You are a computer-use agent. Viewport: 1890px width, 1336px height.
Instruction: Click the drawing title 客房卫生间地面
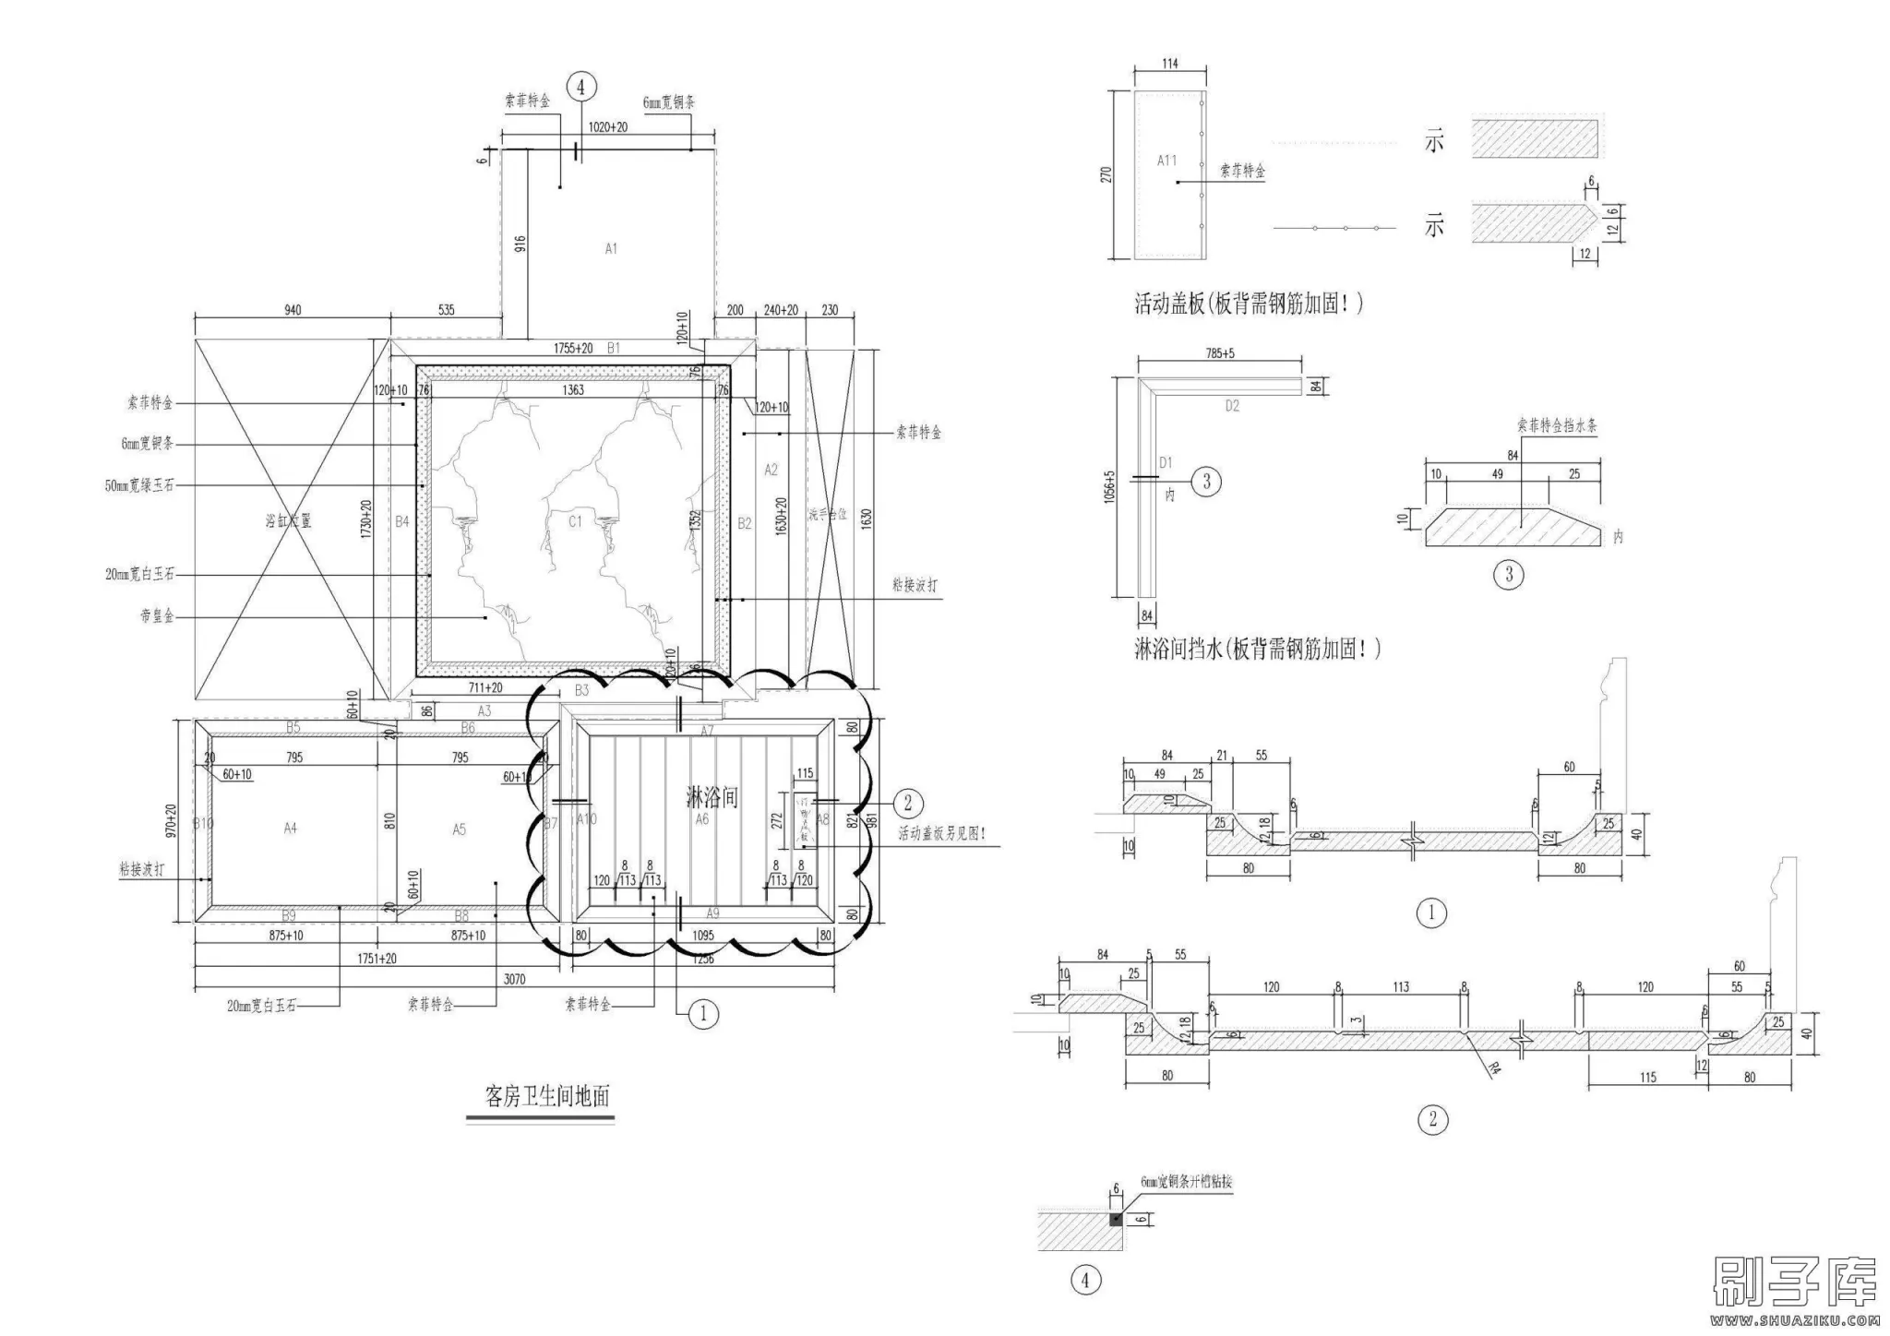547,1096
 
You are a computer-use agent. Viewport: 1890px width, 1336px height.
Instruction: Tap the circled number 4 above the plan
580,88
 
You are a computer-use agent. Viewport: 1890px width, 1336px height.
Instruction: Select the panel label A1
611,248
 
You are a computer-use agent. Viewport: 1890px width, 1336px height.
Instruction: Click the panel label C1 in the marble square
575,522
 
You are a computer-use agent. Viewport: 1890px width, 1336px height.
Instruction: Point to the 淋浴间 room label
712,796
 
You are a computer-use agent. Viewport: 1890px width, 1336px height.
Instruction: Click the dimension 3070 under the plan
514,979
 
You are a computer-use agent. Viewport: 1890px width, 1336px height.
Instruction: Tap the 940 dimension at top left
293,310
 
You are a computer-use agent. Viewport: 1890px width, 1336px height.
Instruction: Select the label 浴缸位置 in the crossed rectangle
288,521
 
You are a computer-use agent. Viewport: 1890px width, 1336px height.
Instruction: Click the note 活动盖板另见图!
942,834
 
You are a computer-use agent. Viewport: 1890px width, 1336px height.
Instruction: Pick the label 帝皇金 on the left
157,615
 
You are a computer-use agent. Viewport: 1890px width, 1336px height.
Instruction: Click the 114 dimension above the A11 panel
1169,64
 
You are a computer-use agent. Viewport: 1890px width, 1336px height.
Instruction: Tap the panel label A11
1167,161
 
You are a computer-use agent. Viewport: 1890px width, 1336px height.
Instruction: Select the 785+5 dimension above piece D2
1219,352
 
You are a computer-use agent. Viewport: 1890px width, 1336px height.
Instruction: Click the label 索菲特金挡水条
1557,426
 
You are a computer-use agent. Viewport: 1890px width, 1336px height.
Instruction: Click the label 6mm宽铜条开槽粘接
1186,1182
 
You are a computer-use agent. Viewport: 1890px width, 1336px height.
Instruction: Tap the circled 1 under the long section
1431,913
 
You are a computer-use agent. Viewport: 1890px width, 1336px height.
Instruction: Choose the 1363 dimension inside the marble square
573,390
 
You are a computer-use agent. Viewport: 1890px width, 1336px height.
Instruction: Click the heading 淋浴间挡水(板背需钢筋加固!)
1257,650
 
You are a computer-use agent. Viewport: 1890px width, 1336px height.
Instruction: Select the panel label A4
290,829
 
